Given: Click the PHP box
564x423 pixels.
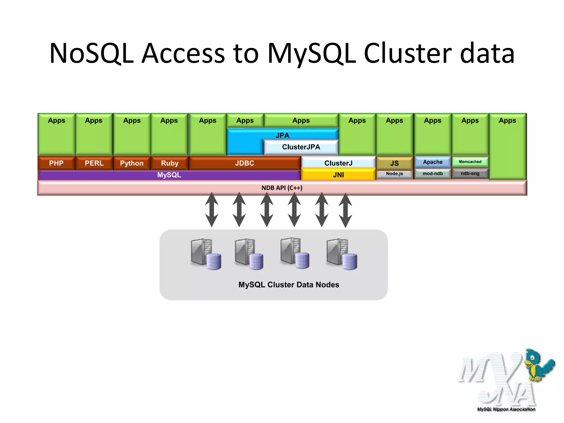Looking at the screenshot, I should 56,163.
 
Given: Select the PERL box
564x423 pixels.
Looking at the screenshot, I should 94,163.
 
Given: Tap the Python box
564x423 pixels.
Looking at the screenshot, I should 132,163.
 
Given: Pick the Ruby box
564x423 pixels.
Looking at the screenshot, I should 170,163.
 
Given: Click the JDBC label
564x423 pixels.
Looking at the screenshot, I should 245,163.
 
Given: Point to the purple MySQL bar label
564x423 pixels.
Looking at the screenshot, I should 169,175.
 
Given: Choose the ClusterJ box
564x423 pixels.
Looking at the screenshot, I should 338,163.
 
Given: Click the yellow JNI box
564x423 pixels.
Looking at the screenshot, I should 338,175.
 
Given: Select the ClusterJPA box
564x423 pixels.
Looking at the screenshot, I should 301,147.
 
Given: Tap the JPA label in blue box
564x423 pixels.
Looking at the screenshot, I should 282,135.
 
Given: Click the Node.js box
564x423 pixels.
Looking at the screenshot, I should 394,174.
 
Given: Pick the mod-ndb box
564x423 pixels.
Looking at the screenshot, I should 433,174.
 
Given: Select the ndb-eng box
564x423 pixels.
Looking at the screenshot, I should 470,174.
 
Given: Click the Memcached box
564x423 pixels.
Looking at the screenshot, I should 470,162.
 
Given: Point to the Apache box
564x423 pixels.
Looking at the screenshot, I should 433,162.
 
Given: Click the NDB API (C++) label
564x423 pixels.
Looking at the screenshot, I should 282,188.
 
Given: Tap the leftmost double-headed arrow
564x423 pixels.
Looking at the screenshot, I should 212,209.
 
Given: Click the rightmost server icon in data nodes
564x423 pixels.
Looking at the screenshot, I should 341,254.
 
